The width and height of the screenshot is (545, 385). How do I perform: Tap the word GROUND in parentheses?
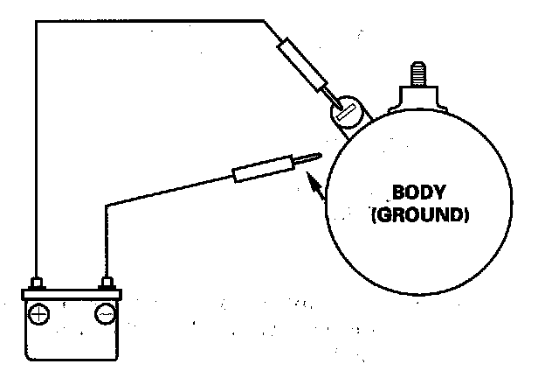(x=419, y=213)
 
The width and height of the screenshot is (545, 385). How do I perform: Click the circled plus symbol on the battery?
(x=39, y=312)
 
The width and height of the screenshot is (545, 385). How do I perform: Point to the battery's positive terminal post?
(x=38, y=283)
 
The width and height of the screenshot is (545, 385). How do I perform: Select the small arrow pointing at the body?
(x=316, y=185)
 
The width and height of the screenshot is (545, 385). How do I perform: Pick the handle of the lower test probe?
(x=262, y=170)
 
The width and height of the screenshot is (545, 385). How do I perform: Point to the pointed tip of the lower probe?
(x=318, y=156)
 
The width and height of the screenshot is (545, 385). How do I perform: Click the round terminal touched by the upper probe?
(x=345, y=111)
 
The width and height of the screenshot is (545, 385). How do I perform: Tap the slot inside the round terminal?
(x=346, y=112)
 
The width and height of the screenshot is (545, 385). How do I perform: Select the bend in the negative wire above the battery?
(x=107, y=206)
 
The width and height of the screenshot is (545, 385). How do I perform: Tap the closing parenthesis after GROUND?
(x=466, y=213)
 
